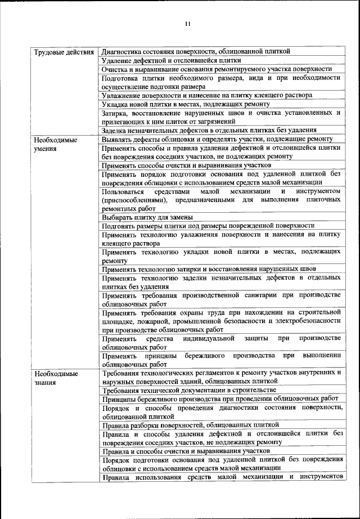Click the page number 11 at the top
tap(187, 24)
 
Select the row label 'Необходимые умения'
tap(55, 144)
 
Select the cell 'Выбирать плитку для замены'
tap(147, 217)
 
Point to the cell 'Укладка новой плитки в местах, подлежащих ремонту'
tap(186, 104)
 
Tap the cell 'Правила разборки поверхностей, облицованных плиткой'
tap(190, 425)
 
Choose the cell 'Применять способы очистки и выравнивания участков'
tap(186, 165)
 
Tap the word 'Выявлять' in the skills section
tap(117, 139)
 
